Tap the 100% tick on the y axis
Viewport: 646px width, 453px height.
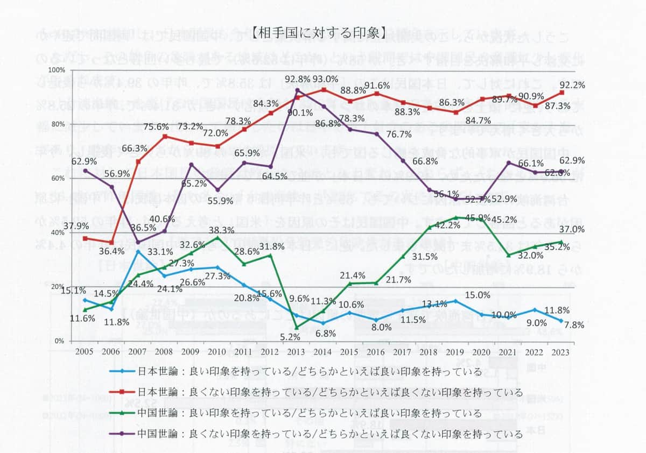click(57, 70)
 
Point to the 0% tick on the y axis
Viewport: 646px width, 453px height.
click(59, 341)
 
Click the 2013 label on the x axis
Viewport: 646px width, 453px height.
click(297, 351)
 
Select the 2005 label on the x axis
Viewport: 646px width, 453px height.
click(85, 351)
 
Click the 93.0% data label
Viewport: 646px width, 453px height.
click(325, 79)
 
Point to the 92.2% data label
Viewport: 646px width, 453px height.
click(572, 84)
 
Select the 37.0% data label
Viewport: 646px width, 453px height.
click(572, 229)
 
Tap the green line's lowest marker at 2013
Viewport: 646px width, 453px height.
click(297, 327)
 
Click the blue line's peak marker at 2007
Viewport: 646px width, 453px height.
click(138, 251)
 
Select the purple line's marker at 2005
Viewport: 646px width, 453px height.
click(85, 171)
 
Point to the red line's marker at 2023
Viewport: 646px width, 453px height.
click(561, 92)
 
